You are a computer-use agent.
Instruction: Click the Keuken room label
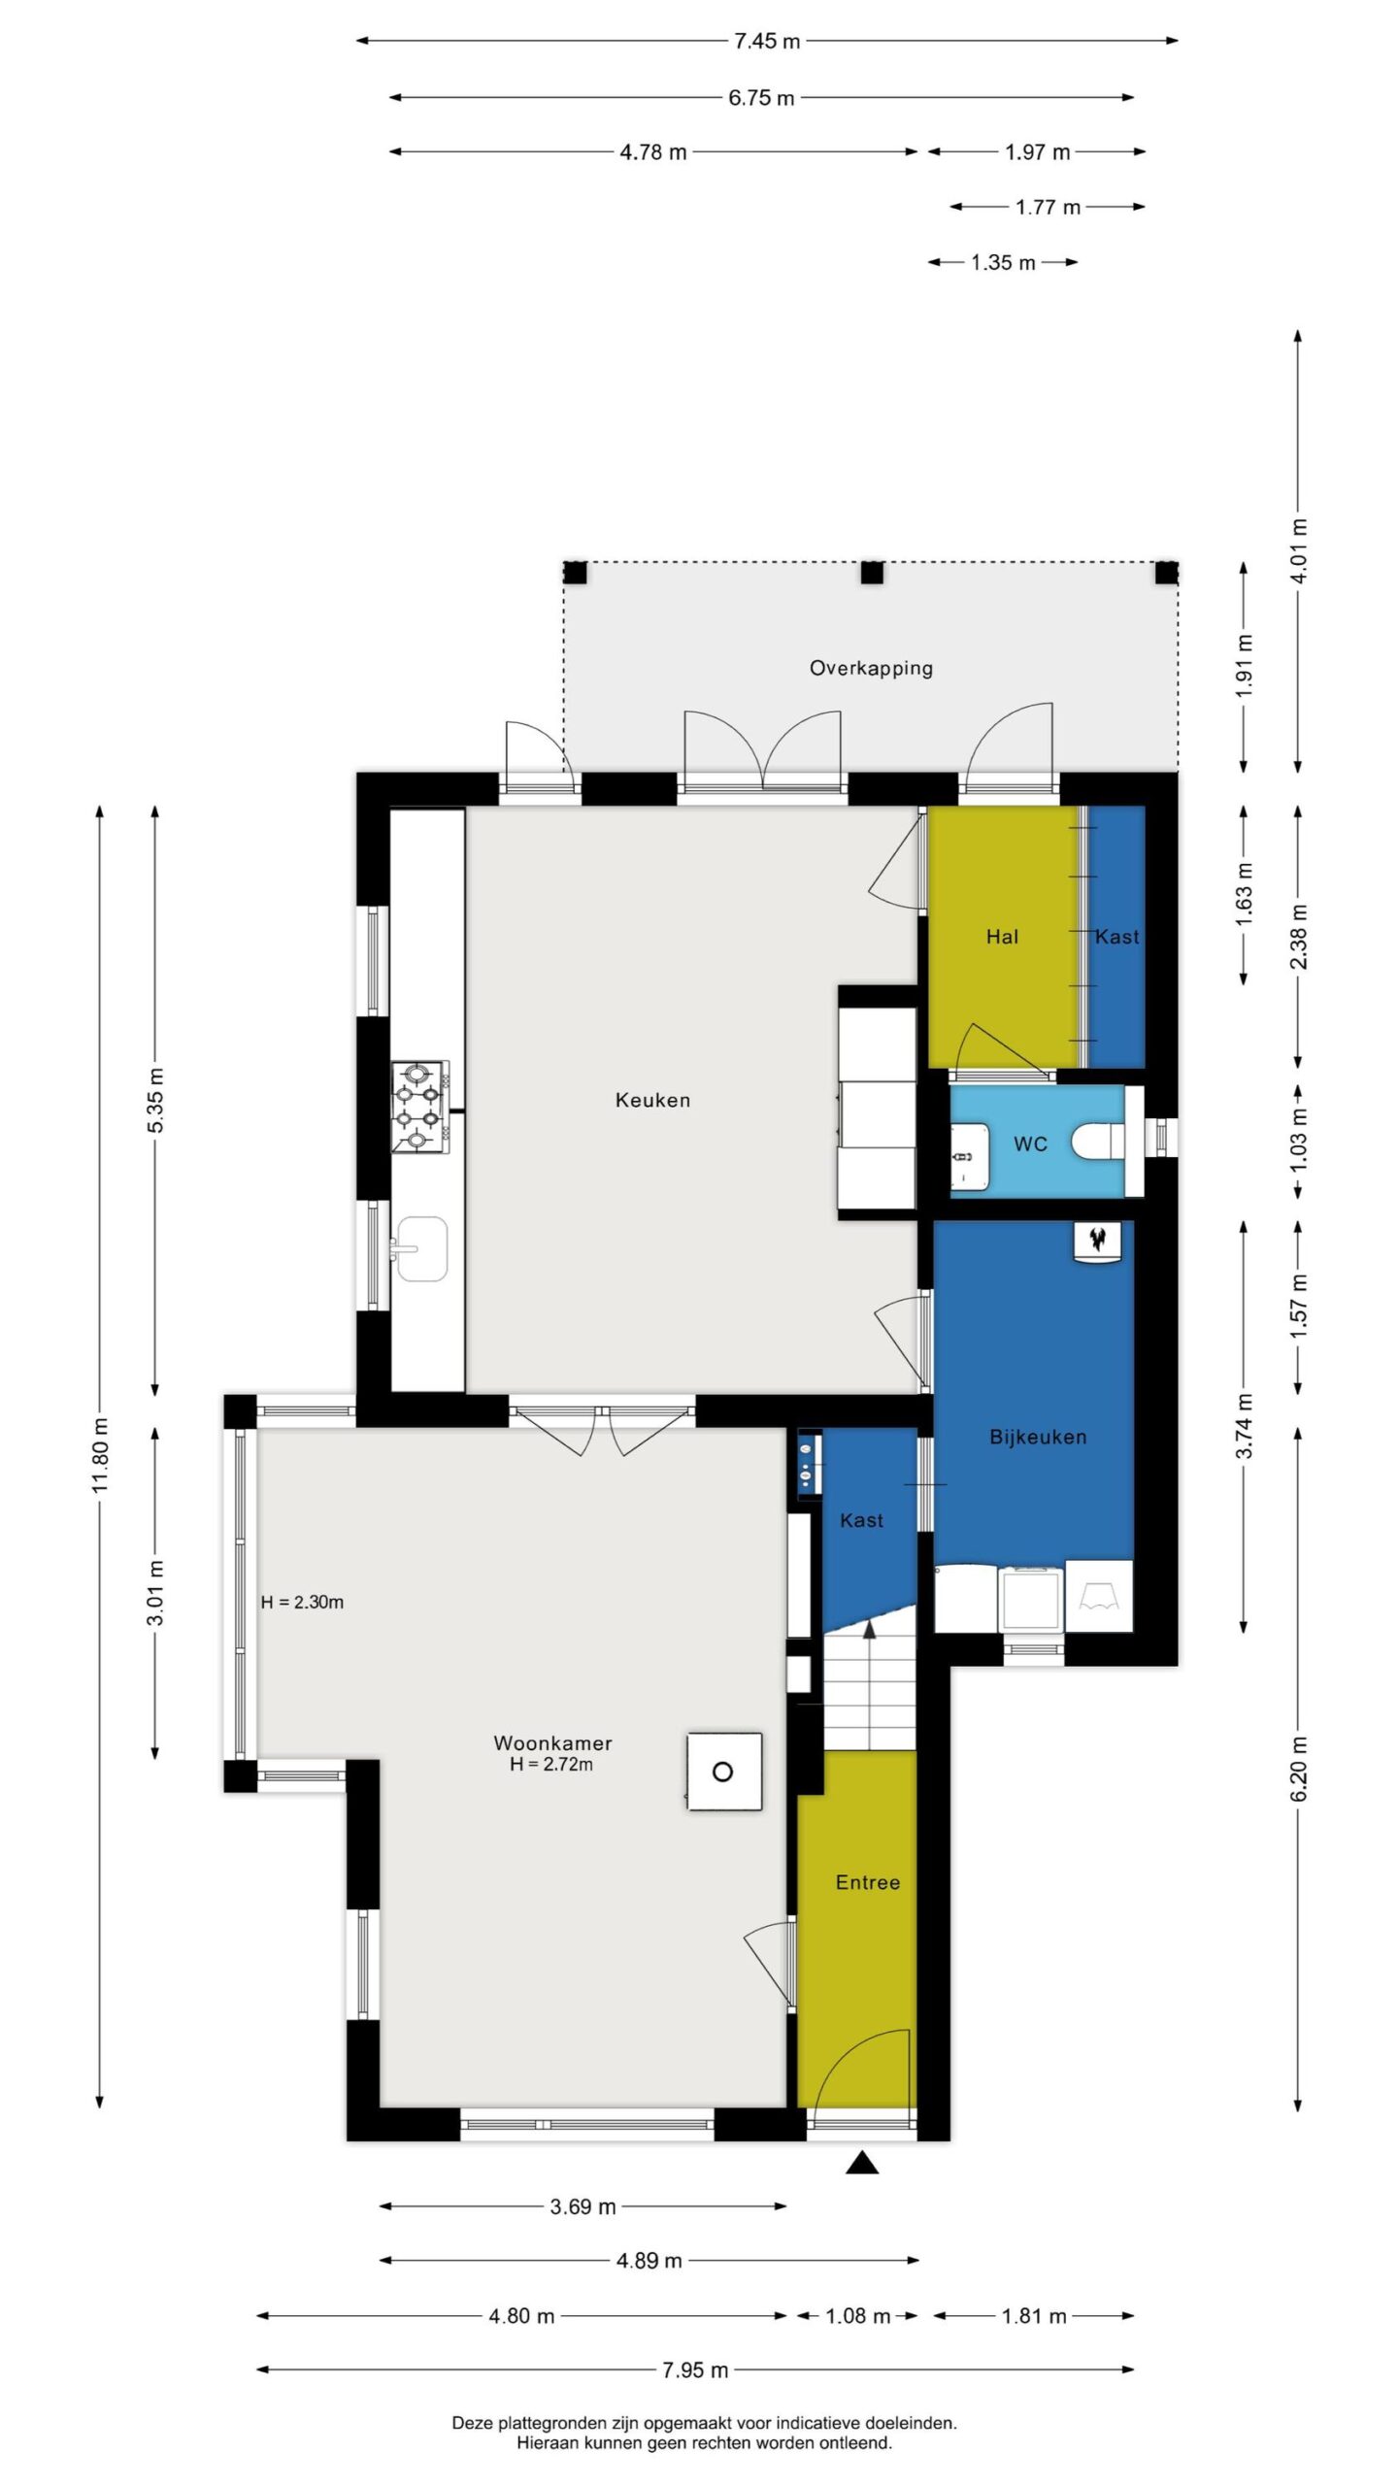[652, 1100]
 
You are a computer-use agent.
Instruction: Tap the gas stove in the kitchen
[420, 1107]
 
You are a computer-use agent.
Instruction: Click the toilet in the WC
[1098, 1142]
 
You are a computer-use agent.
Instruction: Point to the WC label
[1030, 1144]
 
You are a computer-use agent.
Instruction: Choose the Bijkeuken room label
[1038, 1437]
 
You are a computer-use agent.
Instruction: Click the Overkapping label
[871, 668]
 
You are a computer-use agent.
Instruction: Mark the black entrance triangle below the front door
[862, 2165]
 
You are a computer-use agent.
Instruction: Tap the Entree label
[868, 1883]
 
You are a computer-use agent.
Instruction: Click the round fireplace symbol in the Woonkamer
[722, 1772]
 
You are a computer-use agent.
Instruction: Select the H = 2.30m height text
[302, 1603]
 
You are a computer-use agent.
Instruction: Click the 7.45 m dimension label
[767, 41]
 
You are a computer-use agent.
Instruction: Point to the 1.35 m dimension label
[1003, 262]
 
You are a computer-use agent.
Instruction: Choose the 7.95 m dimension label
[695, 2369]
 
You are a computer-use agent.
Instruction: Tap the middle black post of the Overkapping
[872, 573]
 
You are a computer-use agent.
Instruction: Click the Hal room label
[1002, 937]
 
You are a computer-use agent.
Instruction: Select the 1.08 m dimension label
[857, 2315]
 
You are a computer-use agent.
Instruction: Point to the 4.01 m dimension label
[1299, 550]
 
